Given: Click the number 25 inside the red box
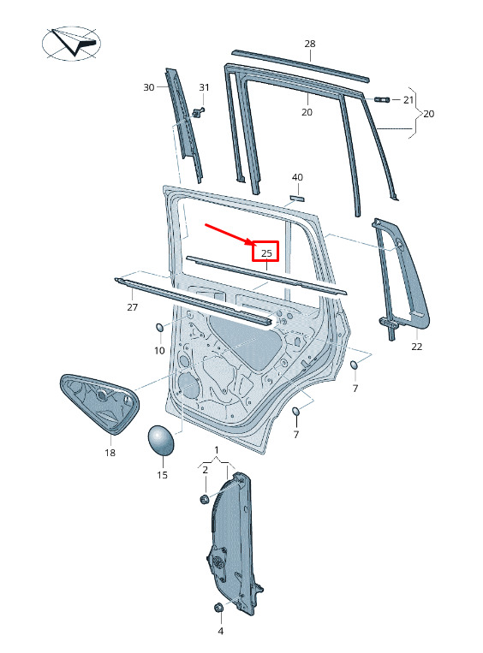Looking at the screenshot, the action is (266, 252).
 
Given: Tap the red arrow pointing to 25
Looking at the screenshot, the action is (229, 234).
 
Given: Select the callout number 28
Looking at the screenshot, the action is (310, 44).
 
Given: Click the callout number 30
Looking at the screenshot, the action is (149, 87).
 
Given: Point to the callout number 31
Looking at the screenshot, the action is (204, 87).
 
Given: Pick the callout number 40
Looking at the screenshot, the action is (297, 177).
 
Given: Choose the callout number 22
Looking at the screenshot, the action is (416, 346).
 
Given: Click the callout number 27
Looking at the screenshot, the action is (132, 307).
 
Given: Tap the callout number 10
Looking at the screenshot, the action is (159, 351).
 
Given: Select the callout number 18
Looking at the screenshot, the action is (110, 452).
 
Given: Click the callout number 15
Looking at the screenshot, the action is (162, 475).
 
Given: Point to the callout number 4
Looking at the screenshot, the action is (220, 631).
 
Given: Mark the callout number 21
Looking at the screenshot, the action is (408, 100).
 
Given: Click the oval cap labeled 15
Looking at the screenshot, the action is (161, 439).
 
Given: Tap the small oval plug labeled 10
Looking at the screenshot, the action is (160, 328).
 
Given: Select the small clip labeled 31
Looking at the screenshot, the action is (199, 111).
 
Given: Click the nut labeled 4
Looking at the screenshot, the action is (218, 608).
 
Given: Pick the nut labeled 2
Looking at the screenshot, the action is (204, 498).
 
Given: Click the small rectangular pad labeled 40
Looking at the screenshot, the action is (297, 198).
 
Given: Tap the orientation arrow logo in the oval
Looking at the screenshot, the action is (71, 43).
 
